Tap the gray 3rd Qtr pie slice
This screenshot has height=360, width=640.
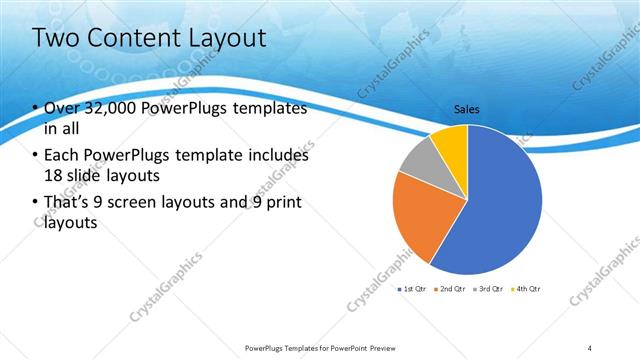click(420, 161)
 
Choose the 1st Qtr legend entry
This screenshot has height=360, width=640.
click(411, 288)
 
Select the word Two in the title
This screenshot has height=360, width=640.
click(57, 39)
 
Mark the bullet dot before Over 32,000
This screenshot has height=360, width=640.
click(36, 109)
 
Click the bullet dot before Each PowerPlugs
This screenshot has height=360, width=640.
click(36, 156)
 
